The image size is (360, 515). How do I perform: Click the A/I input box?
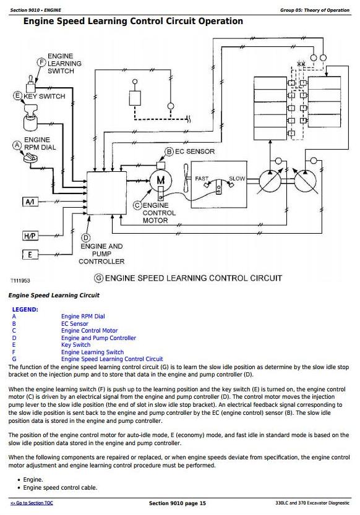coord(30,202)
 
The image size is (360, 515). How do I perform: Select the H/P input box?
coord(30,236)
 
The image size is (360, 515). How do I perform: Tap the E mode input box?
coord(30,255)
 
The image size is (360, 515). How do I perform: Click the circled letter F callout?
coord(41,62)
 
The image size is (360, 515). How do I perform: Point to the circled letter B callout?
coord(169,151)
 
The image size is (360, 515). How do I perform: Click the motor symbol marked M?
coord(161,181)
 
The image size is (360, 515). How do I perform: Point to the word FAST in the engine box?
coord(202,178)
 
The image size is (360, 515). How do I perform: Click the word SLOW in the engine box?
coord(237,178)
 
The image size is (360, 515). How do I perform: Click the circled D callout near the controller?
coord(86,238)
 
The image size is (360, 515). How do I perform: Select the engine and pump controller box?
coord(106,193)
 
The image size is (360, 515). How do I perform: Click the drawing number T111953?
coord(20,281)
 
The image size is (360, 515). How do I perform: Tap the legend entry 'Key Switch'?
coord(75,345)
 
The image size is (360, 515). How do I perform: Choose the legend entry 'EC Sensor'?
coord(75,323)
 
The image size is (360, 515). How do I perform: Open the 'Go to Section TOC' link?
coord(32,503)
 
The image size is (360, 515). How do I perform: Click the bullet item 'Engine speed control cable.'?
coord(60,488)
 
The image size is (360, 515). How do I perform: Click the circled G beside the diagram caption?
coord(98,278)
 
